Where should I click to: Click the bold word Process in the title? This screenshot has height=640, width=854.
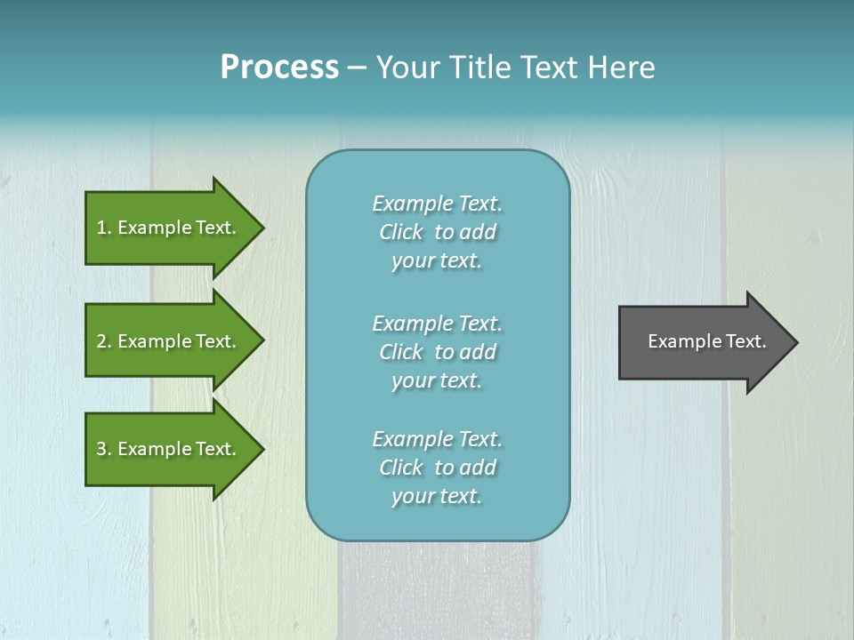[279, 68]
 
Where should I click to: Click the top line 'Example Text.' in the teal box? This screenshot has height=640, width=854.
[437, 204]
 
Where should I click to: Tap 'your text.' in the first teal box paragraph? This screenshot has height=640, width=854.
[437, 261]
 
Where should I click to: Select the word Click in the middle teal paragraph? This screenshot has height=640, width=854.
[401, 352]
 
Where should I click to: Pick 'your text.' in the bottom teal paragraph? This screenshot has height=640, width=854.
[437, 497]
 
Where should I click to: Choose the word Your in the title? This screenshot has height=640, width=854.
[407, 68]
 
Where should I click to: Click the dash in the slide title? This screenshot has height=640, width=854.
[357, 68]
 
